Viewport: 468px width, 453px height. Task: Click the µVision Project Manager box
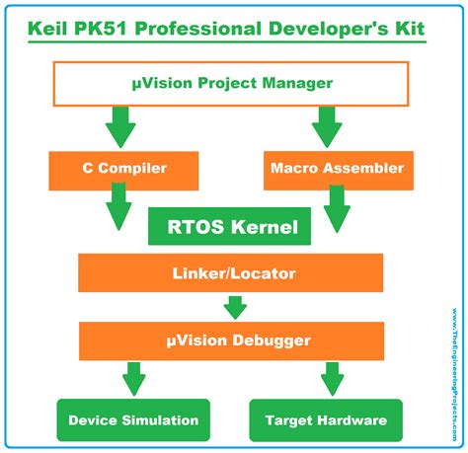point(231,84)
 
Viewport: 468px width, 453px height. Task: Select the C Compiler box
point(123,171)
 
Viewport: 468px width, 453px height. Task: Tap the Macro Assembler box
point(339,171)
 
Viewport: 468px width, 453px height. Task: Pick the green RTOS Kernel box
point(229,226)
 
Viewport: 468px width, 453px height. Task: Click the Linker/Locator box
point(230,272)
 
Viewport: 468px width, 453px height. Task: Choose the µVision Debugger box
point(231,340)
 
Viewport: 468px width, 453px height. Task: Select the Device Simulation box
point(133,420)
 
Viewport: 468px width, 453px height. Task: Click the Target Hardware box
point(326,420)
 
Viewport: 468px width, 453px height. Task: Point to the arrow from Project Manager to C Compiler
point(120,127)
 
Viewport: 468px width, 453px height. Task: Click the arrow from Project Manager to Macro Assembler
point(327,127)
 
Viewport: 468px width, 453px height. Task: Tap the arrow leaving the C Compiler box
point(118,206)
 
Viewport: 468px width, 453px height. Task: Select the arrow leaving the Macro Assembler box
point(337,209)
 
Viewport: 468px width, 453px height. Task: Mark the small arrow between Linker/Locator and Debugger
point(235,308)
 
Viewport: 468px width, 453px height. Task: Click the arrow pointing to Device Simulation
point(134,379)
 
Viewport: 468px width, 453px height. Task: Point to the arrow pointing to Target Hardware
point(333,379)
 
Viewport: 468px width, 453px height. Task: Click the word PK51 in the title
point(101,29)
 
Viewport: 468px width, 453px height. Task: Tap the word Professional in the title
point(197,29)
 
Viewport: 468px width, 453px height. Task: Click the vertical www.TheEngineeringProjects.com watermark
point(454,374)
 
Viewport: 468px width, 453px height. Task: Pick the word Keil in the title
point(47,29)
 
